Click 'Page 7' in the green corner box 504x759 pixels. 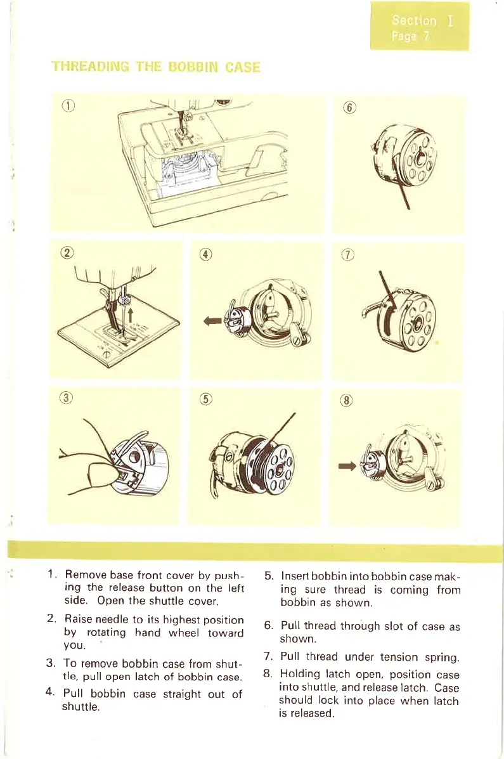(411, 36)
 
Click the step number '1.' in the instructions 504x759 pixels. (54, 576)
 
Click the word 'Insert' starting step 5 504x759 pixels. (296, 576)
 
